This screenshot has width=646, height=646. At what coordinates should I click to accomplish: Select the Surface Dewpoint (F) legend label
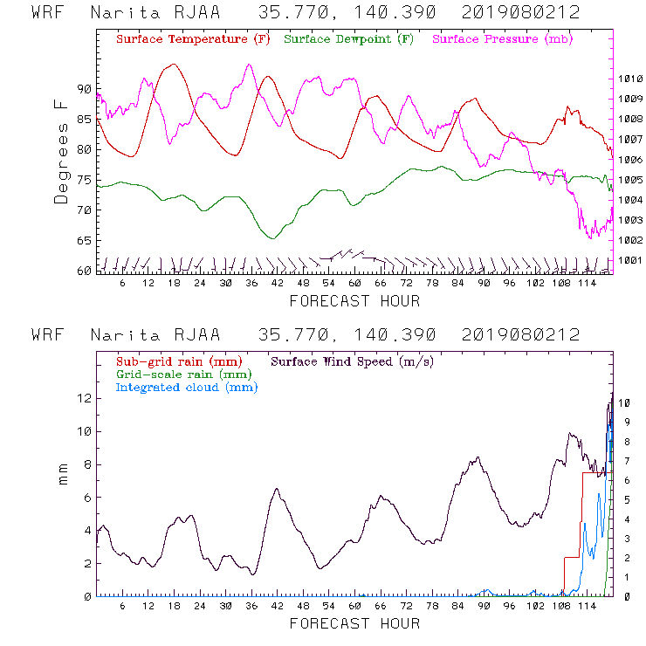[349, 40]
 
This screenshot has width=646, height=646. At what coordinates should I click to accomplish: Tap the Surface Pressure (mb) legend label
[502, 40]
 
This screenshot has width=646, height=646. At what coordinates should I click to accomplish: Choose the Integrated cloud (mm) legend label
[187, 387]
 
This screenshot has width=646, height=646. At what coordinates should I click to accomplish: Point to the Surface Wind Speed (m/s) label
[353, 361]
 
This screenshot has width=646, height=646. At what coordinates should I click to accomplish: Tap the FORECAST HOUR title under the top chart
[354, 301]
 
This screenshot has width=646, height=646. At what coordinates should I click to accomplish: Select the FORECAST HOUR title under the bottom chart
[354, 623]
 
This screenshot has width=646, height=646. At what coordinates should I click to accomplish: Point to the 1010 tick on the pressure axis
[630, 79]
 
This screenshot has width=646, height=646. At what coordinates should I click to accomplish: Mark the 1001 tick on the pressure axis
[630, 260]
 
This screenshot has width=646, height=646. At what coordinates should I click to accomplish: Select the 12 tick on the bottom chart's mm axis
[85, 398]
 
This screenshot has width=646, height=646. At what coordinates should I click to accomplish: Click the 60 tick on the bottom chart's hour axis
[354, 606]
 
